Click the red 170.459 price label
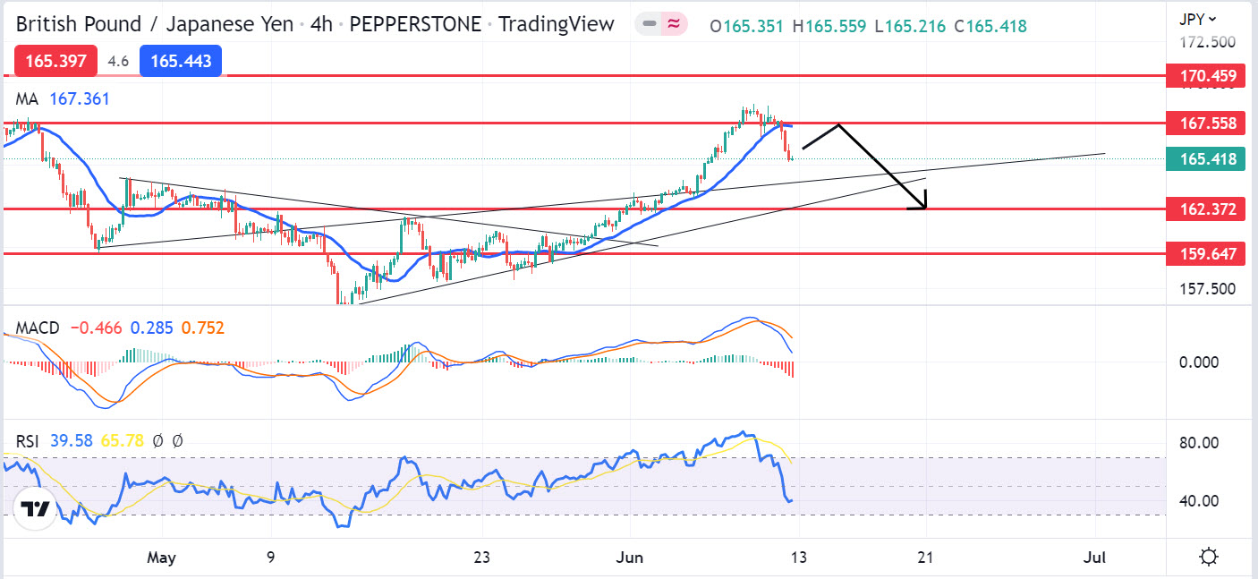coord(1208,76)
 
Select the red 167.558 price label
coord(1208,123)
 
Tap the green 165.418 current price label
coord(1208,159)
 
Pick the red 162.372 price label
coord(1208,209)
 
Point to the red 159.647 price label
coord(1208,254)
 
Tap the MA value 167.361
coord(80,98)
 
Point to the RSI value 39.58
coord(72,440)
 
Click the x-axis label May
coord(161,558)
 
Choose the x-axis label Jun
coord(631,558)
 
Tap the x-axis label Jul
coord(1094,558)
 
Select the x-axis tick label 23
coord(482,558)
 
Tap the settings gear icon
coord(1209,558)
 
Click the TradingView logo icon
coord(35,509)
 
